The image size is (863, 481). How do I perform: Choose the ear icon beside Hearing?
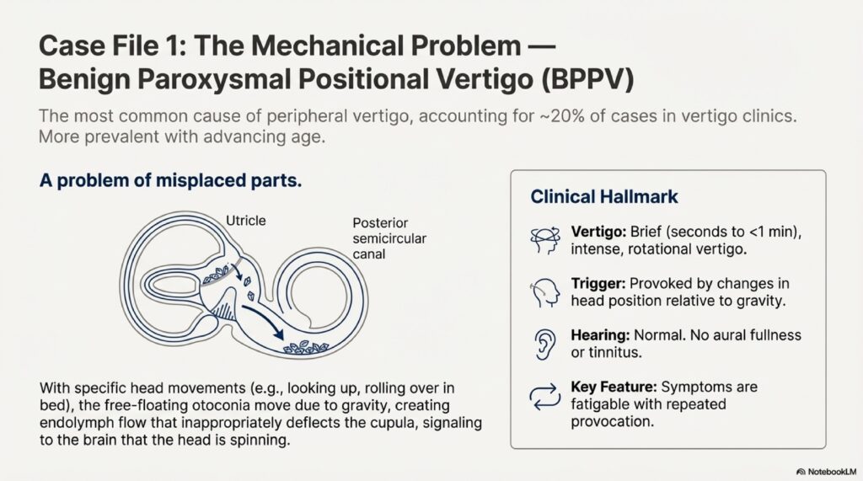544,344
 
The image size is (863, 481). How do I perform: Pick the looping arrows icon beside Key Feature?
544,395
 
